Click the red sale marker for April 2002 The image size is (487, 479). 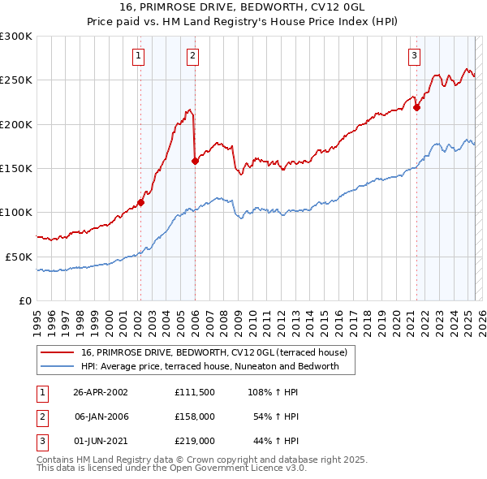click(140, 202)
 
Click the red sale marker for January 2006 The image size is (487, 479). click(194, 161)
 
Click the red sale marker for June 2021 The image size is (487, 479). click(416, 107)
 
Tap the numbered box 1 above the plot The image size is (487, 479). click(139, 56)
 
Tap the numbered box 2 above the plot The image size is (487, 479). click(192, 56)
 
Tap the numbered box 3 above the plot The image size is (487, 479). click(414, 56)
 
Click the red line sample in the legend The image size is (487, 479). click(58, 352)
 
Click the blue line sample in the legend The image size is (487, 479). click(58, 367)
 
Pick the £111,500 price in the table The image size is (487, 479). click(194, 391)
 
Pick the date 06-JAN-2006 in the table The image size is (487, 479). click(101, 416)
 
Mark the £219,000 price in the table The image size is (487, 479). click(194, 441)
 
